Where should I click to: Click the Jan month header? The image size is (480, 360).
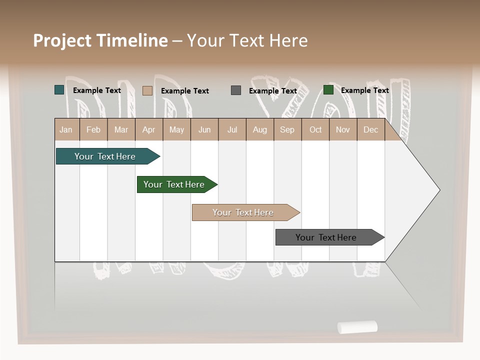[66, 130]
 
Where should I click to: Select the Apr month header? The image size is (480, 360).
[148, 130]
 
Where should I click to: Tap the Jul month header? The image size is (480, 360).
[232, 130]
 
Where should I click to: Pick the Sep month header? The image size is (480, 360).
[287, 130]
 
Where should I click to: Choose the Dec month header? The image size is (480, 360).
[370, 130]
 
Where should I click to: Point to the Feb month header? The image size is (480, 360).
[93, 130]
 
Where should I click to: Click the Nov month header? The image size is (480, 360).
[343, 130]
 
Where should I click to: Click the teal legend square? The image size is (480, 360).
[59, 90]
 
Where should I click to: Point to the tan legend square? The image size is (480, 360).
[147, 90]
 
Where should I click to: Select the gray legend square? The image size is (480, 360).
[236, 90]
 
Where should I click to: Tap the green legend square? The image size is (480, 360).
[328, 90]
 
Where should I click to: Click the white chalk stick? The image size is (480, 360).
[357, 327]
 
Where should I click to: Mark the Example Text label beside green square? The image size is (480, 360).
[364, 90]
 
